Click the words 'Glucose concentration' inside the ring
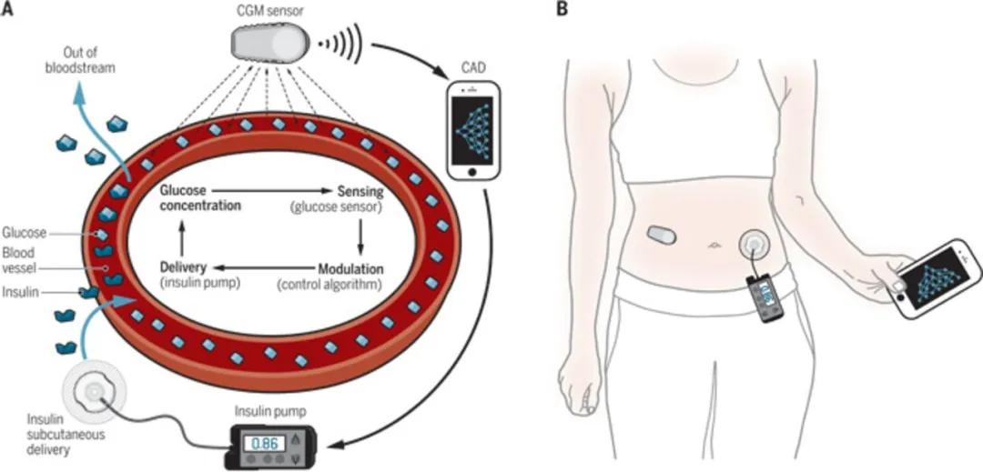pyautogui.click(x=200, y=198)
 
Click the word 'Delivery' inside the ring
pyautogui.click(x=185, y=267)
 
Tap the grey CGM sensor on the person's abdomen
pyautogui.click(x=663, y=235)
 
